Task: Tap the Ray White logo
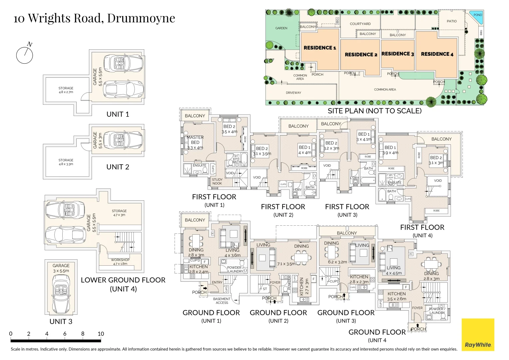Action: (x=478, y=335)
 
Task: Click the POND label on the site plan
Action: (x=478, y=15)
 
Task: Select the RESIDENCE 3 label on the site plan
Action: (x=397, y=54)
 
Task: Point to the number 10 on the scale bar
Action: (x=101, y=334)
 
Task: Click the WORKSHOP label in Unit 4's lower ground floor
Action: (x=120, y=260)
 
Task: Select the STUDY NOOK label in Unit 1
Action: (x=217, y=181)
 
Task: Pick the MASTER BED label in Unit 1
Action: (x=195, y=140)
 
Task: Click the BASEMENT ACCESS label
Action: (x=222, y=301)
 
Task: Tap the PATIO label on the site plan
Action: (x=452, y=21)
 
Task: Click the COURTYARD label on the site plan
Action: (x=360, y=24)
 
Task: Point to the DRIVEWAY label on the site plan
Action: (x=293, y=93)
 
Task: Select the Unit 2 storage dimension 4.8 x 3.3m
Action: (x=66, y=164)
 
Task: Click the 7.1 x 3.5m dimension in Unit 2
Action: (x=286, y=264)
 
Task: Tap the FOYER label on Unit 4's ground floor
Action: (x=417, y=308)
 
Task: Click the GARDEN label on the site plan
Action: (x=281, y=28)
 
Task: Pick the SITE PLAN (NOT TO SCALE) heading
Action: (x=374, y=111)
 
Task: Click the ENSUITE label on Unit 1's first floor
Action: (x=200, y=165)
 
